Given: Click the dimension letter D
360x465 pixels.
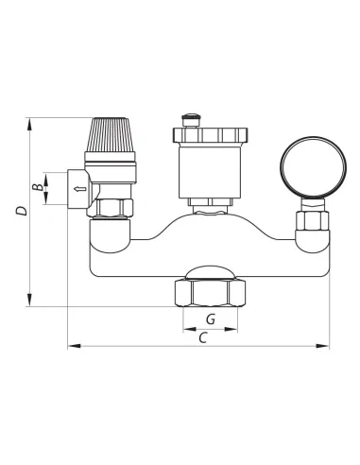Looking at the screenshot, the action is (x=22, y=211).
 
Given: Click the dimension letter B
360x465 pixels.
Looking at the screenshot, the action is (x=38, y=187).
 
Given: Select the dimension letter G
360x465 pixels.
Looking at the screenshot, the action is (x=211, y=319).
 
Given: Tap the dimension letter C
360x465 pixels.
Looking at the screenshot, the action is (x=202, y=338).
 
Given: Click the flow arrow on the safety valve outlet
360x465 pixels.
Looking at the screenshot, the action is (x=79, y=189).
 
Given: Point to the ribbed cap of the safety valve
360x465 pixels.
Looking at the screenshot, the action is (x=110, y=135).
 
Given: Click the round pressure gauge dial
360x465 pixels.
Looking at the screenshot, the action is (x=314, y=167).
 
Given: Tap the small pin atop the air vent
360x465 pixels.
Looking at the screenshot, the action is (x=192, y=120).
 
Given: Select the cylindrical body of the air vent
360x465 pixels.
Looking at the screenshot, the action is (x=210, y=172).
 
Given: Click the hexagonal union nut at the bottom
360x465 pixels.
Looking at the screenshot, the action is (x=210, y=293).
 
